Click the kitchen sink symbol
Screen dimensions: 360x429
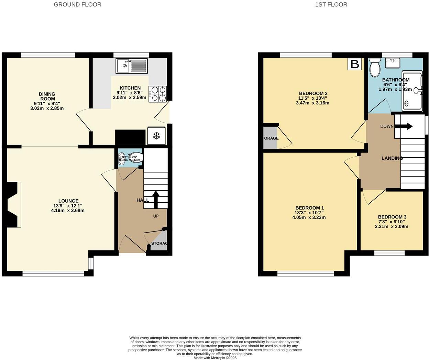131,66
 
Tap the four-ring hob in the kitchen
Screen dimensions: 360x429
157,94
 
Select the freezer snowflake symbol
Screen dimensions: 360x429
156,136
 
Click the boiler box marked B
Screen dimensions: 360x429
354,64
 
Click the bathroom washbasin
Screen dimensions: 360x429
392,63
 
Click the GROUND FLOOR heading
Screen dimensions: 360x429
77,4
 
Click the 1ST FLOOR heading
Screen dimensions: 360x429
331,4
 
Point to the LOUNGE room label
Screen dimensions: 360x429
68,201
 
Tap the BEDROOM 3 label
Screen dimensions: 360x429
392,217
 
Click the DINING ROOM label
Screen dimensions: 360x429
47,96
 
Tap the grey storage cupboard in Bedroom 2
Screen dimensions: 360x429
270,138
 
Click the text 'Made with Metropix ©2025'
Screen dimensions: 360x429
215,358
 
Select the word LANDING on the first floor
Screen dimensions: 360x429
392,158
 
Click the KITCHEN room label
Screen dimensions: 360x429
130,88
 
